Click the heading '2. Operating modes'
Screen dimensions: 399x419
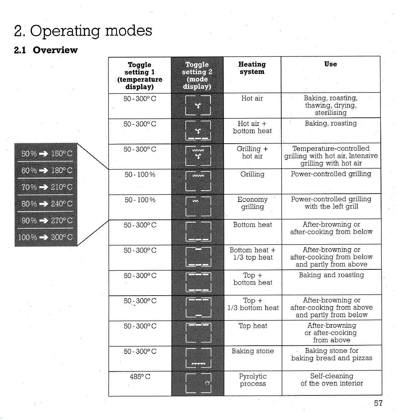point(83,31)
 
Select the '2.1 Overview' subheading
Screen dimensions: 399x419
point(46,50)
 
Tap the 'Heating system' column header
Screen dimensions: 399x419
point(252,68)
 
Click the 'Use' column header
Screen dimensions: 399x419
point(331,64)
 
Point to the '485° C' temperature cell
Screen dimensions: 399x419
point(140,377)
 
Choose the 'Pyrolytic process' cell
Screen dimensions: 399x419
point(253,380)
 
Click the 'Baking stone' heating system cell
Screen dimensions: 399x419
point(253,351)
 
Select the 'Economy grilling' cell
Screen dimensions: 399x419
point(252,203)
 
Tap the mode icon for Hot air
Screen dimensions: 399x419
point(198,105)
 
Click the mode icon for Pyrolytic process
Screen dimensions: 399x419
point(198,383)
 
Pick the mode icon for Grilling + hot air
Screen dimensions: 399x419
point(198,156)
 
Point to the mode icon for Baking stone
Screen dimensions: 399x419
point(198,358)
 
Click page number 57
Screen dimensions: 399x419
point(378,403)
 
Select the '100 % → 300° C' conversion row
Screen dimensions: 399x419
point(45,237)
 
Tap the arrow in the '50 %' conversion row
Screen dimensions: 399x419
point(43,154)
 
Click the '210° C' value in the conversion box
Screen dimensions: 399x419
point(62,187)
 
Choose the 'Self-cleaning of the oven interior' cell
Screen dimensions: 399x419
point(332,380)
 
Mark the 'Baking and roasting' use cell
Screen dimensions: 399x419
point(331,275)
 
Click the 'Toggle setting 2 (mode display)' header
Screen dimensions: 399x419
point(197,75)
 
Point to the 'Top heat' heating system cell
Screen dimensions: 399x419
point(253,326)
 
